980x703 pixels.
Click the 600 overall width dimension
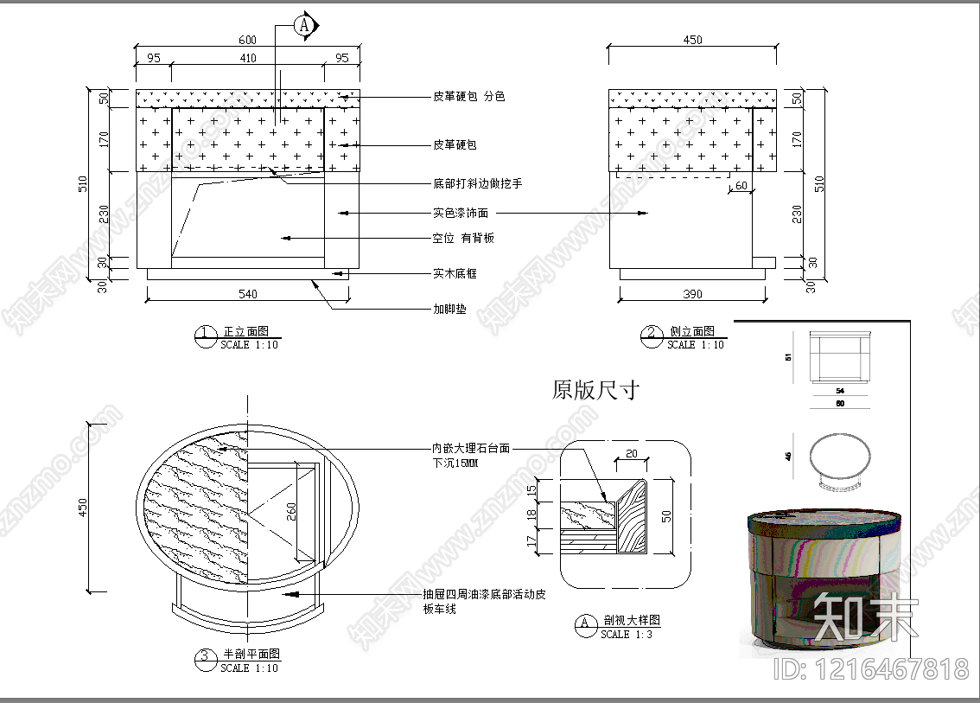247,40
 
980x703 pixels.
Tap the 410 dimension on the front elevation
247,59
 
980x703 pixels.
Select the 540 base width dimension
247,294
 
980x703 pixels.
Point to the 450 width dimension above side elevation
692,40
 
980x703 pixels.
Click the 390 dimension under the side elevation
692,294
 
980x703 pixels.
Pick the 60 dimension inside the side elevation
741,186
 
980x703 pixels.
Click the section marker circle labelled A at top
303,26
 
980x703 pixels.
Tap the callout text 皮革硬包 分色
468,96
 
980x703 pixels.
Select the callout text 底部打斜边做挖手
477,183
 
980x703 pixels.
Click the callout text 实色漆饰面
460,212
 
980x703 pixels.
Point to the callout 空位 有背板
463,238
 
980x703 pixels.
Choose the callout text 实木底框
455,273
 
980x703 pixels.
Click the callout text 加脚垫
449,309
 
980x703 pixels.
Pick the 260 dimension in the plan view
291,510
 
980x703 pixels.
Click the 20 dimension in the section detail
631,454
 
